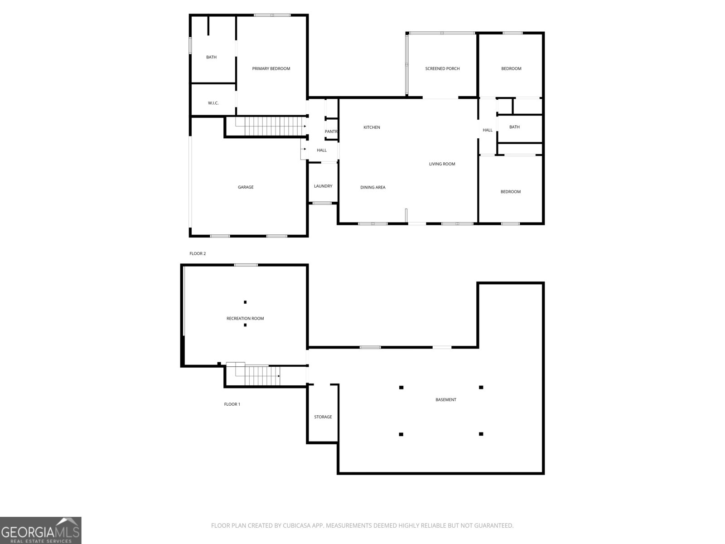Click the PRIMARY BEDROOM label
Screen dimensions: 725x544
[271, 69]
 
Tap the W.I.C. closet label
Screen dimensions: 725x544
[213, 103]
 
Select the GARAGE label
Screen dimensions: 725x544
[246, 187]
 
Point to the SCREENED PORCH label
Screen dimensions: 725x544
[442, 69]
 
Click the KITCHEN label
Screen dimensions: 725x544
[372, 127]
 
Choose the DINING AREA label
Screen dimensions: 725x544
[372, 187]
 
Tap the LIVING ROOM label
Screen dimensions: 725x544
[442, 164]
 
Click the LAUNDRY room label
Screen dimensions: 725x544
[323, 186]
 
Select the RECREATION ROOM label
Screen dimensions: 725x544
[245, 318]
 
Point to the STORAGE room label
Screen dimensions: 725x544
[323, 417]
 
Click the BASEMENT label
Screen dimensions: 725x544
[445, 400]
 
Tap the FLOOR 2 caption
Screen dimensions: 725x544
[198, 254]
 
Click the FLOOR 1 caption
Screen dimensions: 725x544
[232, 404]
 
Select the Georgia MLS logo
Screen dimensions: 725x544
[41, 530]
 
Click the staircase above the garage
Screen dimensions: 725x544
[271, 126]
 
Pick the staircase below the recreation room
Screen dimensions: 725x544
[258, 374]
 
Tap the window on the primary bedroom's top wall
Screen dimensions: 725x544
[272, 15]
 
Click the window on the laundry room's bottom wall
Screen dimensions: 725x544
[322, 203]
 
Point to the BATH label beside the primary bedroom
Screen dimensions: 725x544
[212, 57]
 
